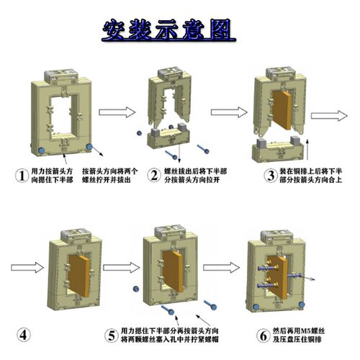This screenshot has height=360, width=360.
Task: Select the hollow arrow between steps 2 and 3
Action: click(225, 112)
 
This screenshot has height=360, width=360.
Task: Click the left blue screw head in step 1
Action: click(41, 150)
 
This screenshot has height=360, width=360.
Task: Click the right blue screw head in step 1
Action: click(91, 148)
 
